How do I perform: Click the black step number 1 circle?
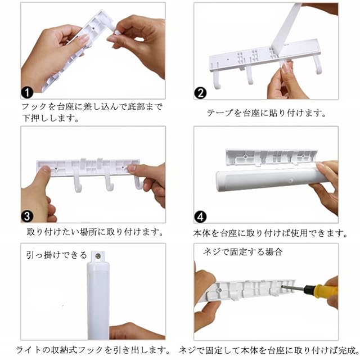pyautogui.click(x=27, y=92)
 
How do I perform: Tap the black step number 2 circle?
pyautogui.click(x=200, y=93)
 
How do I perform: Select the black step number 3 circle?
pyautogui.click(x=27, y=216)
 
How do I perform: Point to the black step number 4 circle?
pyautogui.click(x=200, y=217)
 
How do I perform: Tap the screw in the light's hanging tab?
pyautogui.click(x=98, y=255)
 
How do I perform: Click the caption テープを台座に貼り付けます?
pyautogui.click(x=266, y=113)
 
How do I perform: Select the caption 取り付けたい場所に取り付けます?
pyautogui.click(x=95, y=232)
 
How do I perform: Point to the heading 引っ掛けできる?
pyautogui.click(x=56, y=255)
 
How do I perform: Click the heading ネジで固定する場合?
pyautogui.click(x=242, y=252)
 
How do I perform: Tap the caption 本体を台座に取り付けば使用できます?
pyautogui.click(x=270, y=233)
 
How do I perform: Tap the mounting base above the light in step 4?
pyautogui.click(x=271, y=157)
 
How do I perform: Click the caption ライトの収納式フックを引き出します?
pyautogui.click(x=93, y=350)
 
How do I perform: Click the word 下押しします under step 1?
pyautogui.click(x=51, y=118)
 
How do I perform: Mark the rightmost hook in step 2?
pyautogui.click(x=318, y=65)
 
